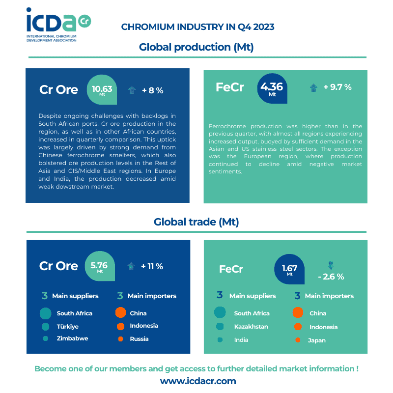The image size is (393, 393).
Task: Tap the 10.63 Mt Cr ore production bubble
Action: (102, 89)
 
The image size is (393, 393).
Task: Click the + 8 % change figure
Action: (152, 90)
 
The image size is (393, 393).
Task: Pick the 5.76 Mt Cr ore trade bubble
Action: (100, 266)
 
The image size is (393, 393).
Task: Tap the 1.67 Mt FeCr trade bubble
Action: (289, 269)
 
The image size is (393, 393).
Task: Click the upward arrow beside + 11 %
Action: (131, 266)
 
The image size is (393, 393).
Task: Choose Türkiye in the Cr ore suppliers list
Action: (67, 326)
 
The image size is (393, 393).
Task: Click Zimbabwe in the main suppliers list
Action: (72, 338)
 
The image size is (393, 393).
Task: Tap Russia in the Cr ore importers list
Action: (139, 338)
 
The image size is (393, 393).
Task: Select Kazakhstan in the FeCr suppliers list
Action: (251, 327)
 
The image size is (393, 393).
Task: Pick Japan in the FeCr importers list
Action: (317, 340)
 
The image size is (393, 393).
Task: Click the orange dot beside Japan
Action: (297, 340)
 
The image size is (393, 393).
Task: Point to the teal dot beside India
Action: (220, 340)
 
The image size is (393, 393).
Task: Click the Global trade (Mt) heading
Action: (196, 222)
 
